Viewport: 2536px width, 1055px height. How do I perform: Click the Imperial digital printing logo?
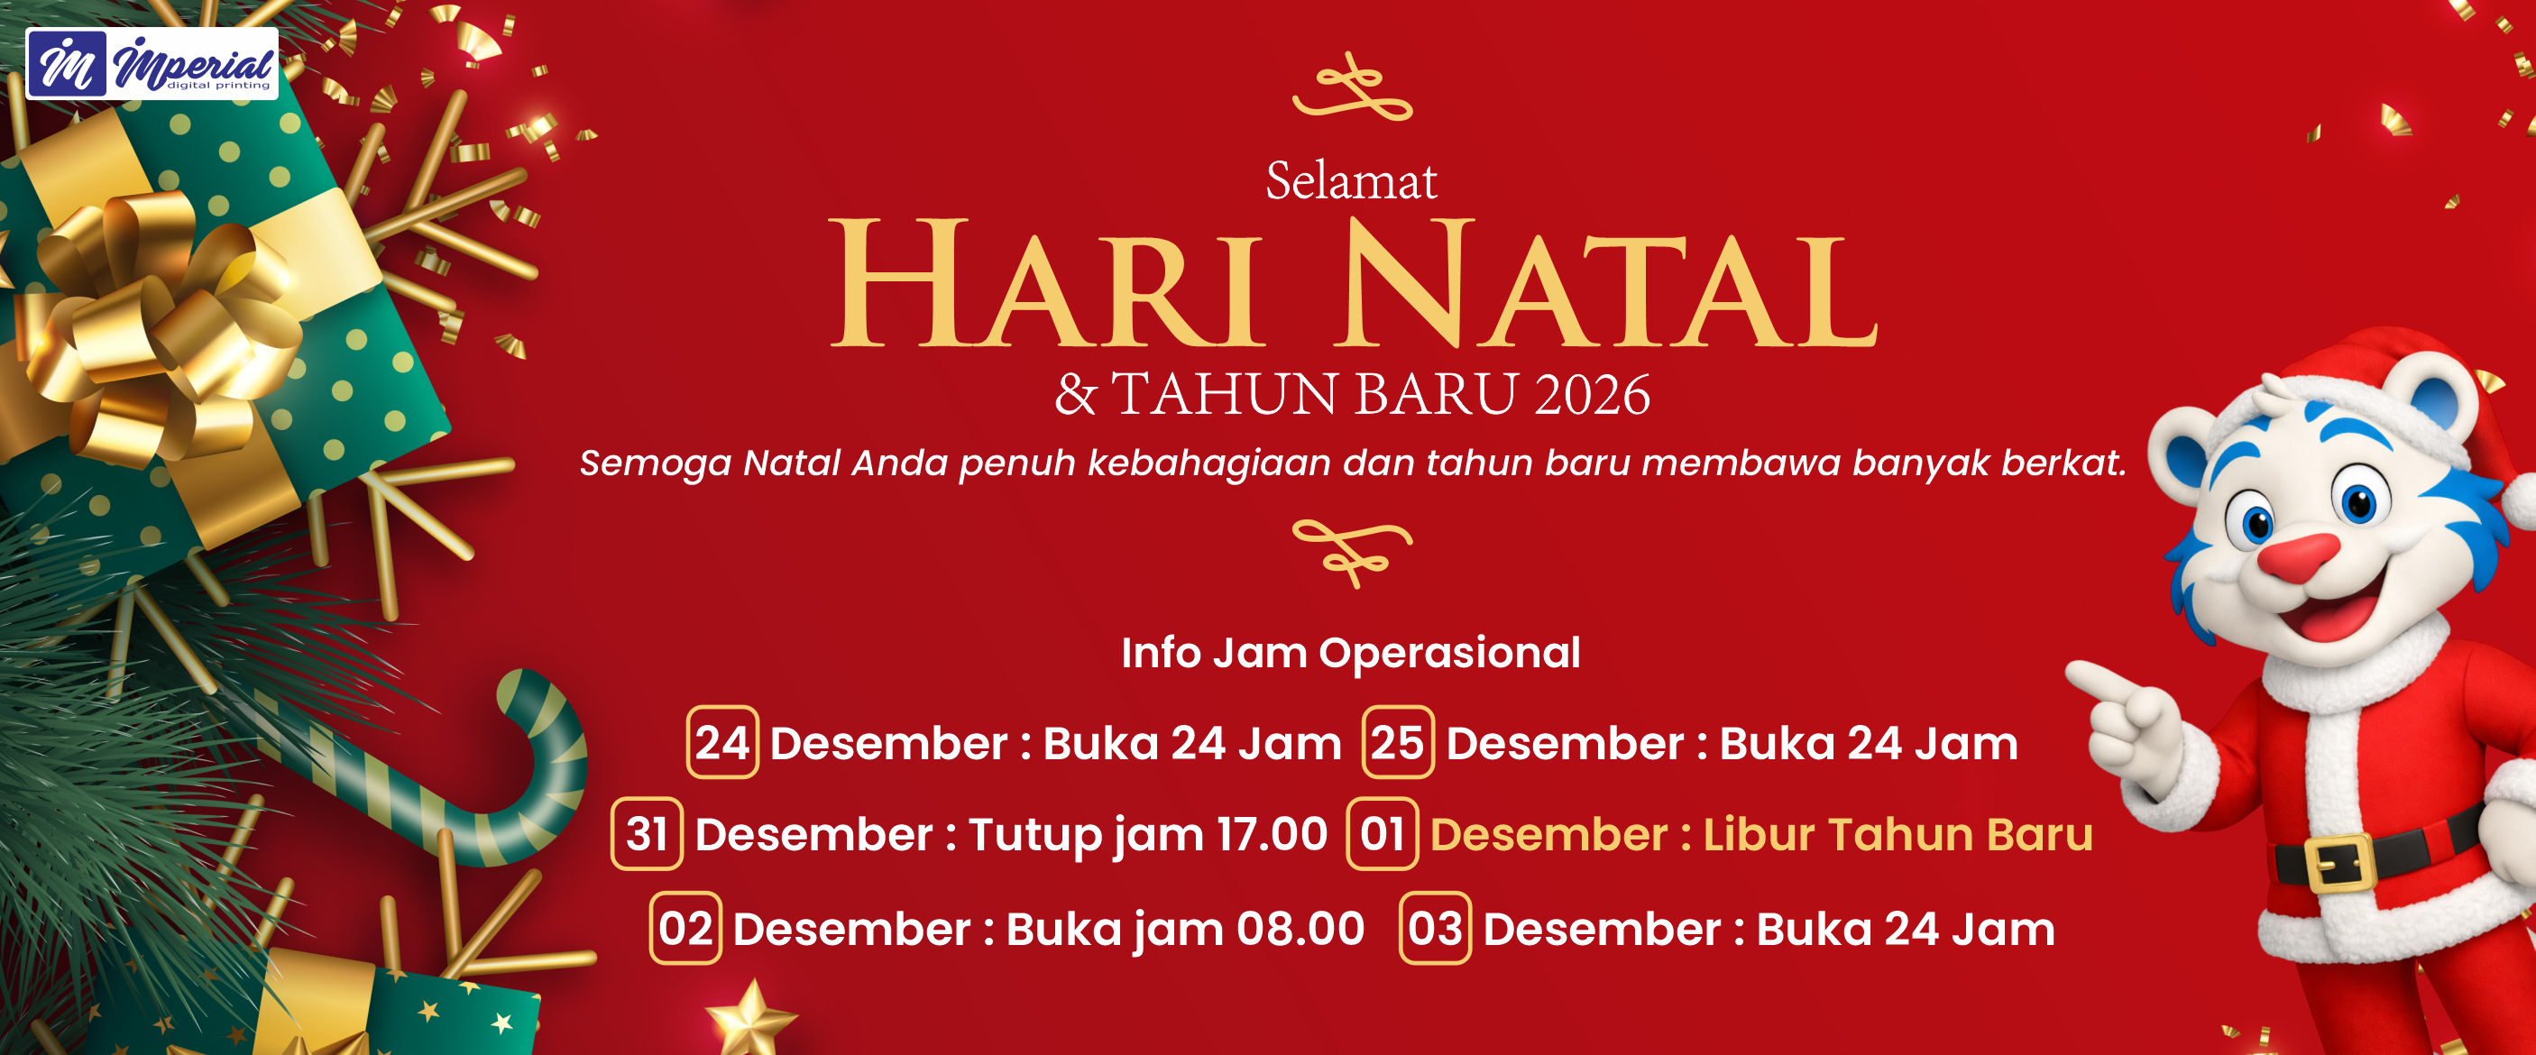152,64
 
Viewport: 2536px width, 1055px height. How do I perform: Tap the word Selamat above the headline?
1351,181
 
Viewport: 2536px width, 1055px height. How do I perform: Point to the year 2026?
1591,395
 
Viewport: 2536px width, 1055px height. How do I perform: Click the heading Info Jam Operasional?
1351,654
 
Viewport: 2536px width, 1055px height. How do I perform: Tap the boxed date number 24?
722,743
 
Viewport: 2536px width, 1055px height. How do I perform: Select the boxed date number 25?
1398,743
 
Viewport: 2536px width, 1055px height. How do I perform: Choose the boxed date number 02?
685,928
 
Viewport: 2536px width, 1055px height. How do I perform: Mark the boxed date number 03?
1436,928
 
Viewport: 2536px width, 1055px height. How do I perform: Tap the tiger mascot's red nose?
2299,557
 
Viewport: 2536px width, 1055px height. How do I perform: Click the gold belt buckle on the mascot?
2336,864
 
